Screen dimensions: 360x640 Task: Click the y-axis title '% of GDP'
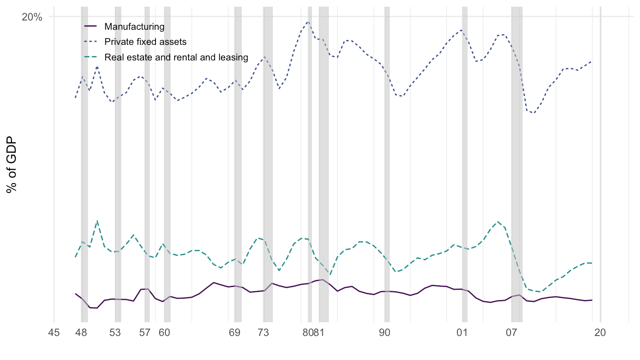[x=12, y=164]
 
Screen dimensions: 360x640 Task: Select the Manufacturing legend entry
[x=134, y=27]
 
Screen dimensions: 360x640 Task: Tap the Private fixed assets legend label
[x=145, y=42]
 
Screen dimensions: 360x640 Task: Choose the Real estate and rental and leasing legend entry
[x=176, y=57]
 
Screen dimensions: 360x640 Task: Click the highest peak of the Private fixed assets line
[x=308, y=21]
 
